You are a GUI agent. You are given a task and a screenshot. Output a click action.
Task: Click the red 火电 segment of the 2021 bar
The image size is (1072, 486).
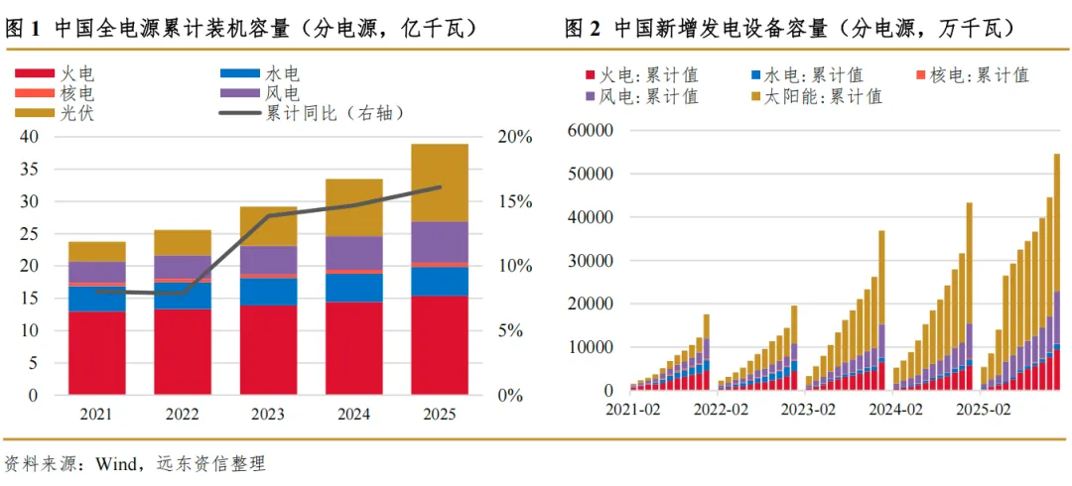(x=97, y=352)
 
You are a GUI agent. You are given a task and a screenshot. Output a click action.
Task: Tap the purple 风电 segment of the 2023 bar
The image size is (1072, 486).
(x=268, y=260)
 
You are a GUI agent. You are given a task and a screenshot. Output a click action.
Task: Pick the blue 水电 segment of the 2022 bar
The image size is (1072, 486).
(x=183, y=296)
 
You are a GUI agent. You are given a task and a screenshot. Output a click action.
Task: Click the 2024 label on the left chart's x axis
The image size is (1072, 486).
(x=353, y=414)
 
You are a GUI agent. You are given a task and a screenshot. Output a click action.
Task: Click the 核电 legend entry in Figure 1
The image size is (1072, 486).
(x=77, y=93)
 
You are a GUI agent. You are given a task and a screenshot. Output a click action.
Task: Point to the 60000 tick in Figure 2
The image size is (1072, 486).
(x=592, y=130)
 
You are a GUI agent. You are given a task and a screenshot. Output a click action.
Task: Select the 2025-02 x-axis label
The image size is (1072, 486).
(x=983, y=408)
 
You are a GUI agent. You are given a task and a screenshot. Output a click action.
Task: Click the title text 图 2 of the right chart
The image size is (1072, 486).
(x=583, y=29)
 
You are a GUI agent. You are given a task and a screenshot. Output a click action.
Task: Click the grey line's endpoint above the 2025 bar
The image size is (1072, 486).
(x=440, y=186)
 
